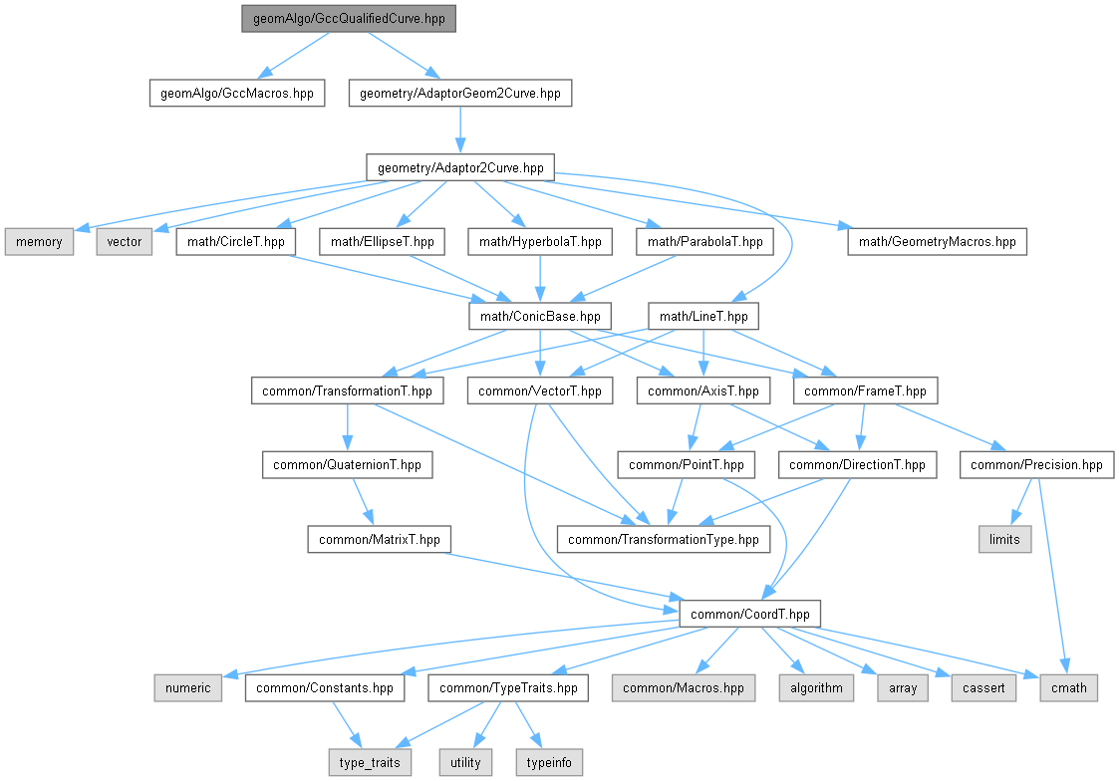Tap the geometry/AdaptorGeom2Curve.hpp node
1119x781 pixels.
[x=460, y=94]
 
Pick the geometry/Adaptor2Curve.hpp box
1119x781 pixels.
[x=460, y=167]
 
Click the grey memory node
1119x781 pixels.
[x=40, y=241]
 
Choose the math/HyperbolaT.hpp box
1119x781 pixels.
[x=540, y=241]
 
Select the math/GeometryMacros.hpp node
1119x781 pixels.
[x=937, y=241]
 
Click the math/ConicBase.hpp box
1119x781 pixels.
[x=540, y=316]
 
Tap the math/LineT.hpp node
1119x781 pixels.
[x=703, y=316]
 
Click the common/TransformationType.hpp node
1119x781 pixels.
[x=664, y=539]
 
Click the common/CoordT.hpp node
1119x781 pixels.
[x=750, y=613]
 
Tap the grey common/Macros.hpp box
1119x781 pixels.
[x=684, y=687]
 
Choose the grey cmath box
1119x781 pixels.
[x=1070, y=687]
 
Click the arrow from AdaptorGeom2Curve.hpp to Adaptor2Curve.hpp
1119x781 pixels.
[x=460, y=130]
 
